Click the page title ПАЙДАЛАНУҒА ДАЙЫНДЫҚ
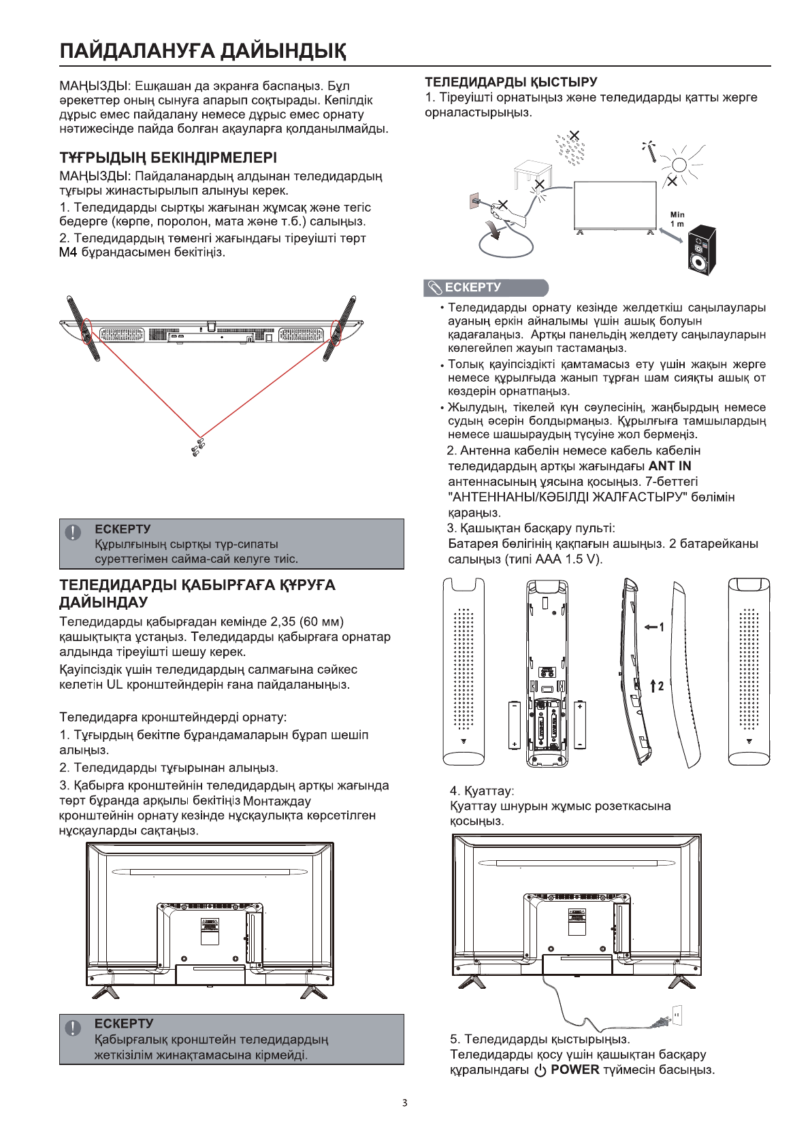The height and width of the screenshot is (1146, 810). [x=202, y=51]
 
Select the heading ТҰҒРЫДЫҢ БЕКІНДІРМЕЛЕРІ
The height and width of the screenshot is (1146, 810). [x=168, y=158]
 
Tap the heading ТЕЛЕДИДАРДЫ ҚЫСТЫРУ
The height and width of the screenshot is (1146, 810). [x=511, y=82]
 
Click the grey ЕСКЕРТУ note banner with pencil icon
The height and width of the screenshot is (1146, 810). [x=485, y=288]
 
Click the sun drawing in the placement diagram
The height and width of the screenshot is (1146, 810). [x=678, y=164]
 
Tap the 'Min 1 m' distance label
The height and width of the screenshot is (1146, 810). [x=677, y=219]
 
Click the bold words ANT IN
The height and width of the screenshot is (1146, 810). [x=670, y=466]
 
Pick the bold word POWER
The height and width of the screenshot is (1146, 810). [x=574, y=1070]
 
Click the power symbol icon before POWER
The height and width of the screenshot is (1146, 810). [x=540, y=1070]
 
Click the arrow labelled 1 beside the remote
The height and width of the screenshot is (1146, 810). [x=653, y=627]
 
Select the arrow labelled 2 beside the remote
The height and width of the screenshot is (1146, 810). [x=656, y=686]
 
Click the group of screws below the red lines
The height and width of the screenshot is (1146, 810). [x=199, y=447]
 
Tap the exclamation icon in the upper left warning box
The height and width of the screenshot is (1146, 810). [x=73, y=533]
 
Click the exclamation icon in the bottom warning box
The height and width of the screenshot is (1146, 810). [x=73, y=1028]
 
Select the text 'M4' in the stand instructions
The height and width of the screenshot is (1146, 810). [x=68, y=252]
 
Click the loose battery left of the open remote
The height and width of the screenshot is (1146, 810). [x=514, y=725]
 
